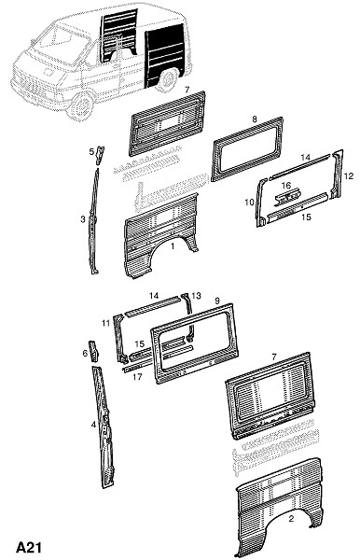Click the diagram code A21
29,547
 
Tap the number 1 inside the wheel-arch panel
173,246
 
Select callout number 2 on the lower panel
291,519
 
